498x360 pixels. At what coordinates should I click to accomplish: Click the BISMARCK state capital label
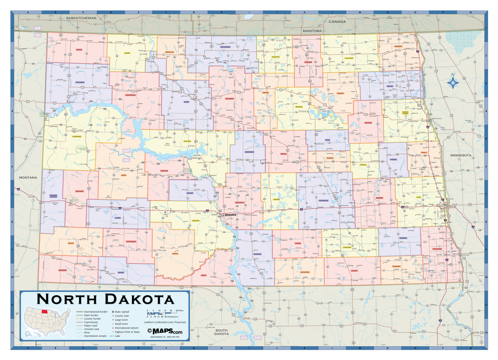pyautogui.click(x=231, y=215)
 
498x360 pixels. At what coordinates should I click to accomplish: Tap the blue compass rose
pyautogui.click(x=453, y=83)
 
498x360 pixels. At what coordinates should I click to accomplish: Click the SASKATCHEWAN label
pyautogui.click(x=81, y=18)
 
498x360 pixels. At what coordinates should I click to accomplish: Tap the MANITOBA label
pyautogui.click(x=312, y=31)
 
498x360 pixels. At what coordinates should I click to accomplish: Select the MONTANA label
pyautogui.click(x=28, y=177)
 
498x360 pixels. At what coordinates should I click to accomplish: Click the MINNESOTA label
pyautogui.click(x=461, y=155)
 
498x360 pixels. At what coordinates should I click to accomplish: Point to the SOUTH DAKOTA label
pyautogui.click(x=222, y=332)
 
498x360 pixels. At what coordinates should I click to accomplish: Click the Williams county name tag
pyautogui.click(x=80, y=82)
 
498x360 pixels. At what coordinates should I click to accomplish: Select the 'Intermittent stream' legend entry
pyautogui.click(x=95, y=336)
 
